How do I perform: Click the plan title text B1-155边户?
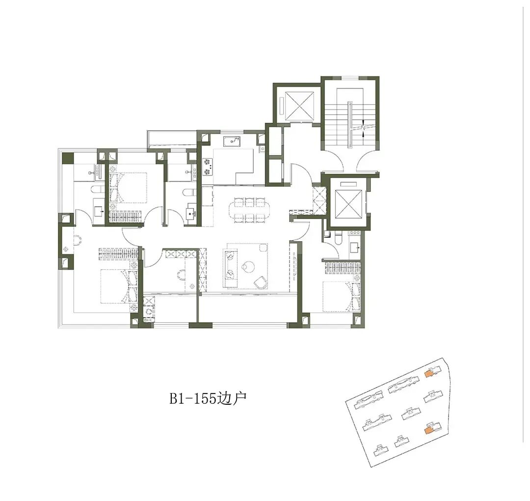coord(208,398)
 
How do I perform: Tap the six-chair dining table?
coord(250,210)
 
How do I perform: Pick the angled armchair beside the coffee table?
coord(260,282)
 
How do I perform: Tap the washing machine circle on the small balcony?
coord(148,310)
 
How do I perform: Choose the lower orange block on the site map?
coord(428,430)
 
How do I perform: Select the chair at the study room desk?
coord(181,275)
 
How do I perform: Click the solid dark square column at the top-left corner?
coord(68,158)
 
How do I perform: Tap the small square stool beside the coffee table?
coord(265,248)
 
